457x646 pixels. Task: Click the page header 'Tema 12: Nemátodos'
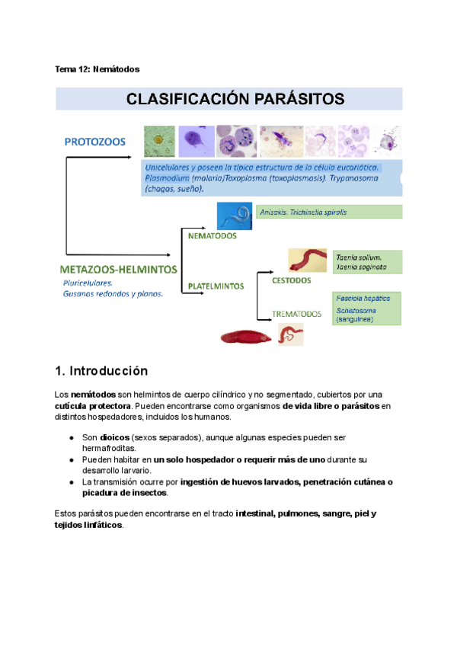coord(97,69)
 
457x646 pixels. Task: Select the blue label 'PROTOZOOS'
coord(95,142)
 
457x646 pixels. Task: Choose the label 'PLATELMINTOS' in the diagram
coord(216,286)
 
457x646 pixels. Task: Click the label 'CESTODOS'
coord(291,280)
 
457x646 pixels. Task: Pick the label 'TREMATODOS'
coord(297,313)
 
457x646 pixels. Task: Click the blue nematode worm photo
coord(235,216)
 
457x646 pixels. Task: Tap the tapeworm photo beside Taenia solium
coord(308,260)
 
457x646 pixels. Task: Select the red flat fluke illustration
coord(244,336)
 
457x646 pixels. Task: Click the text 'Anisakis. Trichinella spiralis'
coord(303,213)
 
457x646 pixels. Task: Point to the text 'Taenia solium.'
coord(359,257)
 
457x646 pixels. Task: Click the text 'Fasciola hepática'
coord(362,299)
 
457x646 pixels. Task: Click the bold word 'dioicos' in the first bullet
coord(114,439)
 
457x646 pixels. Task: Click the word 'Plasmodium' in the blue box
coord(166,177)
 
